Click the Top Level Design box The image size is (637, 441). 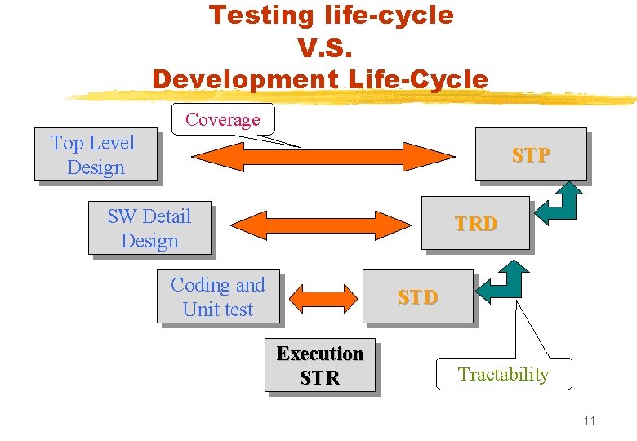[x=95, y=154]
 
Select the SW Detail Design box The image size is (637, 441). [x=149, y=228]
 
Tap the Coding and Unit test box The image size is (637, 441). [x=218, y=296]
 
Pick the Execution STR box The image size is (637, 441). [x=319, y=366]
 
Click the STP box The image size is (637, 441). [x=531, y=154]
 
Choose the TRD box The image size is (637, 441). [x=475, y=223]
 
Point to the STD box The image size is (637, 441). [x=417, y=296]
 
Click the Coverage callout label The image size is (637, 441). [x=222, y=119]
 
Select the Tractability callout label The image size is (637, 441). [x=503, y=374]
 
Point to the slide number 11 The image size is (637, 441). [x=590, y=421]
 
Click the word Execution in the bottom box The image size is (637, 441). [x=319, y=354]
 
